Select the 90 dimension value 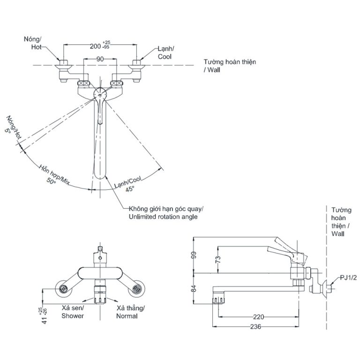coord(99,60)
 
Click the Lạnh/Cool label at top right coord(165,52)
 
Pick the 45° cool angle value coord(129,188)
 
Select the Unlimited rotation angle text coord(159,217)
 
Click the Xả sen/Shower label coord(73,312)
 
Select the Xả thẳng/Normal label coord(131,312)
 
